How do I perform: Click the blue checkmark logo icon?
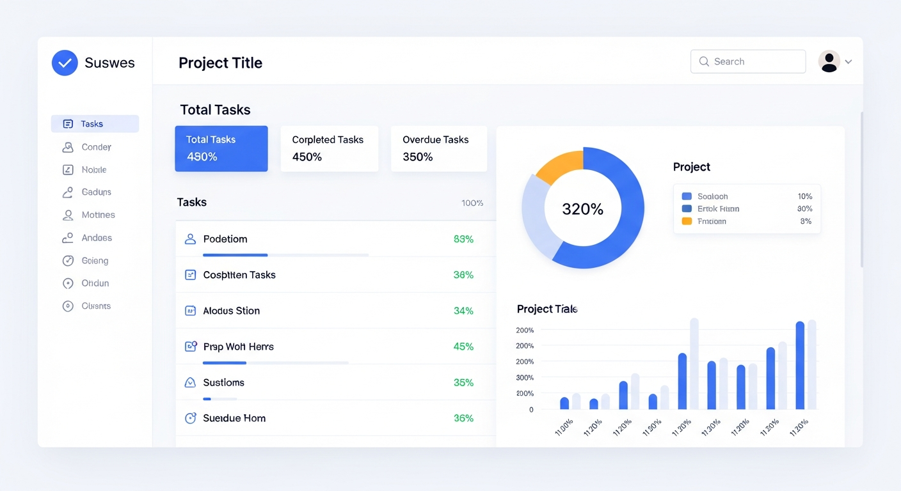(x=65, y=63)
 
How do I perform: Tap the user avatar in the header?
(x=829, y=61)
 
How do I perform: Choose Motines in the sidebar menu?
(x=98, y=215)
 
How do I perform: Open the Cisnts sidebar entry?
(x=96, y=306)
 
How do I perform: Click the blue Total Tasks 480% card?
(x=221, y=148)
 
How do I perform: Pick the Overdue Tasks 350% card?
(x=439, y=148)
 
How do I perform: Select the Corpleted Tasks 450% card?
(x=329, y=148)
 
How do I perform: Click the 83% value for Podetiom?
(x=463, y=239)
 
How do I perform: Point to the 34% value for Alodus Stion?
(x=463, y=311)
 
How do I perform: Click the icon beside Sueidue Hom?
(x=190, y=418)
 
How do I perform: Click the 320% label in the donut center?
(x=582, y=209)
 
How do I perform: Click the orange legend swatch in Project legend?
(x=687, y=221)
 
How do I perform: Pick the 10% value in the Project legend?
(x=804, y=196)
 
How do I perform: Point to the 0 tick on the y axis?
(x=531, y=409)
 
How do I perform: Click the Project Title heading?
(x=220, y=63)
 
